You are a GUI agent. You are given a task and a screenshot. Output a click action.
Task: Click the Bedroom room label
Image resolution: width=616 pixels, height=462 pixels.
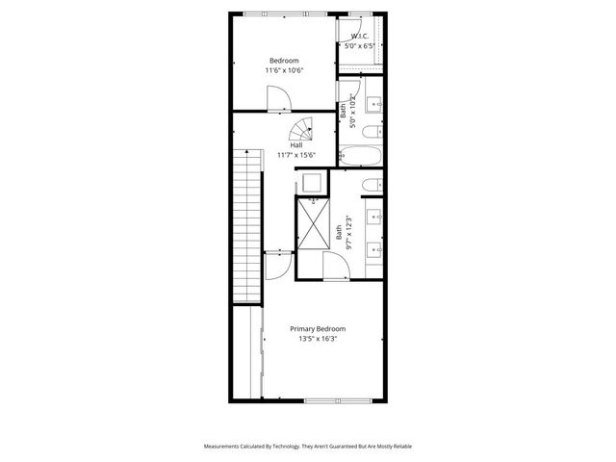284,60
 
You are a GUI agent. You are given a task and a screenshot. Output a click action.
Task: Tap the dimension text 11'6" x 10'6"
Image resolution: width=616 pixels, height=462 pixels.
284,70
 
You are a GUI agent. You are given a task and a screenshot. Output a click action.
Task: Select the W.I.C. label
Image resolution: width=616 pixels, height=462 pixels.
361,37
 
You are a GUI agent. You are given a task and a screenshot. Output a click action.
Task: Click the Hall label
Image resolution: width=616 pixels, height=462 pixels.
283,145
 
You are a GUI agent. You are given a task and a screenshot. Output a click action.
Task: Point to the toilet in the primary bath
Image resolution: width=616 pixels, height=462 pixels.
372,184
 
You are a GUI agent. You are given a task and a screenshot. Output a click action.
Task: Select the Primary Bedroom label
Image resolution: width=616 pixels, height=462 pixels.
318,328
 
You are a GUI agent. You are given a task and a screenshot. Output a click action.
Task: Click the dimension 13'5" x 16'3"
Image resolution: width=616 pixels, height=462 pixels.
318,339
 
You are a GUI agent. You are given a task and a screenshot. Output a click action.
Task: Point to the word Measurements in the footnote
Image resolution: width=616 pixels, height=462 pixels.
225,447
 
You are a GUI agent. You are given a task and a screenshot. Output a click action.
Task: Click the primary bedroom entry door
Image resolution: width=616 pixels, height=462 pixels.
277,265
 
